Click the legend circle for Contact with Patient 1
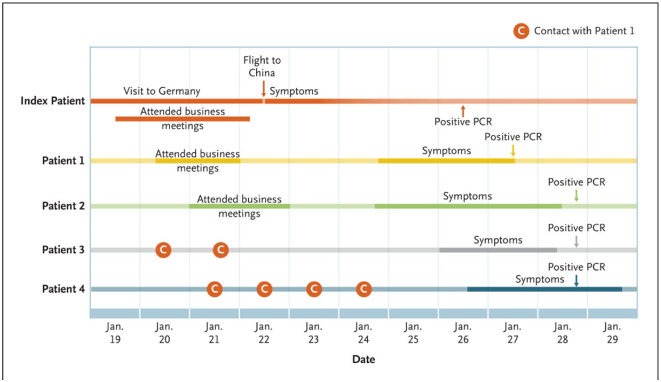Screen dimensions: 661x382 [x=521, y=31]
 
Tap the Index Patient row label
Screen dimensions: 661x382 [x=53, y=101]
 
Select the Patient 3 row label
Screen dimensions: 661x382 [x=63, y=250]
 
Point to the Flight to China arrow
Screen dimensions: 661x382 [x=263, y=89]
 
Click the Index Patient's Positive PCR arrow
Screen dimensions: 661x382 [x=463, y=111]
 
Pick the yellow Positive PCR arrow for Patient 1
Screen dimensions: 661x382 [x=513, y=150]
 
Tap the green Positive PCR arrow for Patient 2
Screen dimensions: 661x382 [x=576, y=196]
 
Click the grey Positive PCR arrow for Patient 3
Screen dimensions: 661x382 [x=576, y=241]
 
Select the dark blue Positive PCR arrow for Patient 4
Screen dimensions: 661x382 [x=576, y=280]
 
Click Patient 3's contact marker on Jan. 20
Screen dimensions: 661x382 [x=163, y=250]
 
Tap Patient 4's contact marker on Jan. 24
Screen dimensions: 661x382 [x=364, y=289]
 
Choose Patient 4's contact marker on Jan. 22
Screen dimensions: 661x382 [x=264, y=289]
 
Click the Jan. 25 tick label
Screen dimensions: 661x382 [x=413, y=333]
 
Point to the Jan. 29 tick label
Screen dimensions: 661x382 [x=612, y=333]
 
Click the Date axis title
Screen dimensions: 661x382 [x=364, y=359]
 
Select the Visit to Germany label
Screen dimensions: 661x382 [x=162, y=91]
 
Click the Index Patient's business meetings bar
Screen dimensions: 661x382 [x=182, y=119]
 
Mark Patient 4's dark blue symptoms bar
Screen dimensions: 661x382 [x=545, y=289]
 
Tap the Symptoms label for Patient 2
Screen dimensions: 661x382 [x=467, y=196]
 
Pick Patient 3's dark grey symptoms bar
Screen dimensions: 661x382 [x=498, y=250]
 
